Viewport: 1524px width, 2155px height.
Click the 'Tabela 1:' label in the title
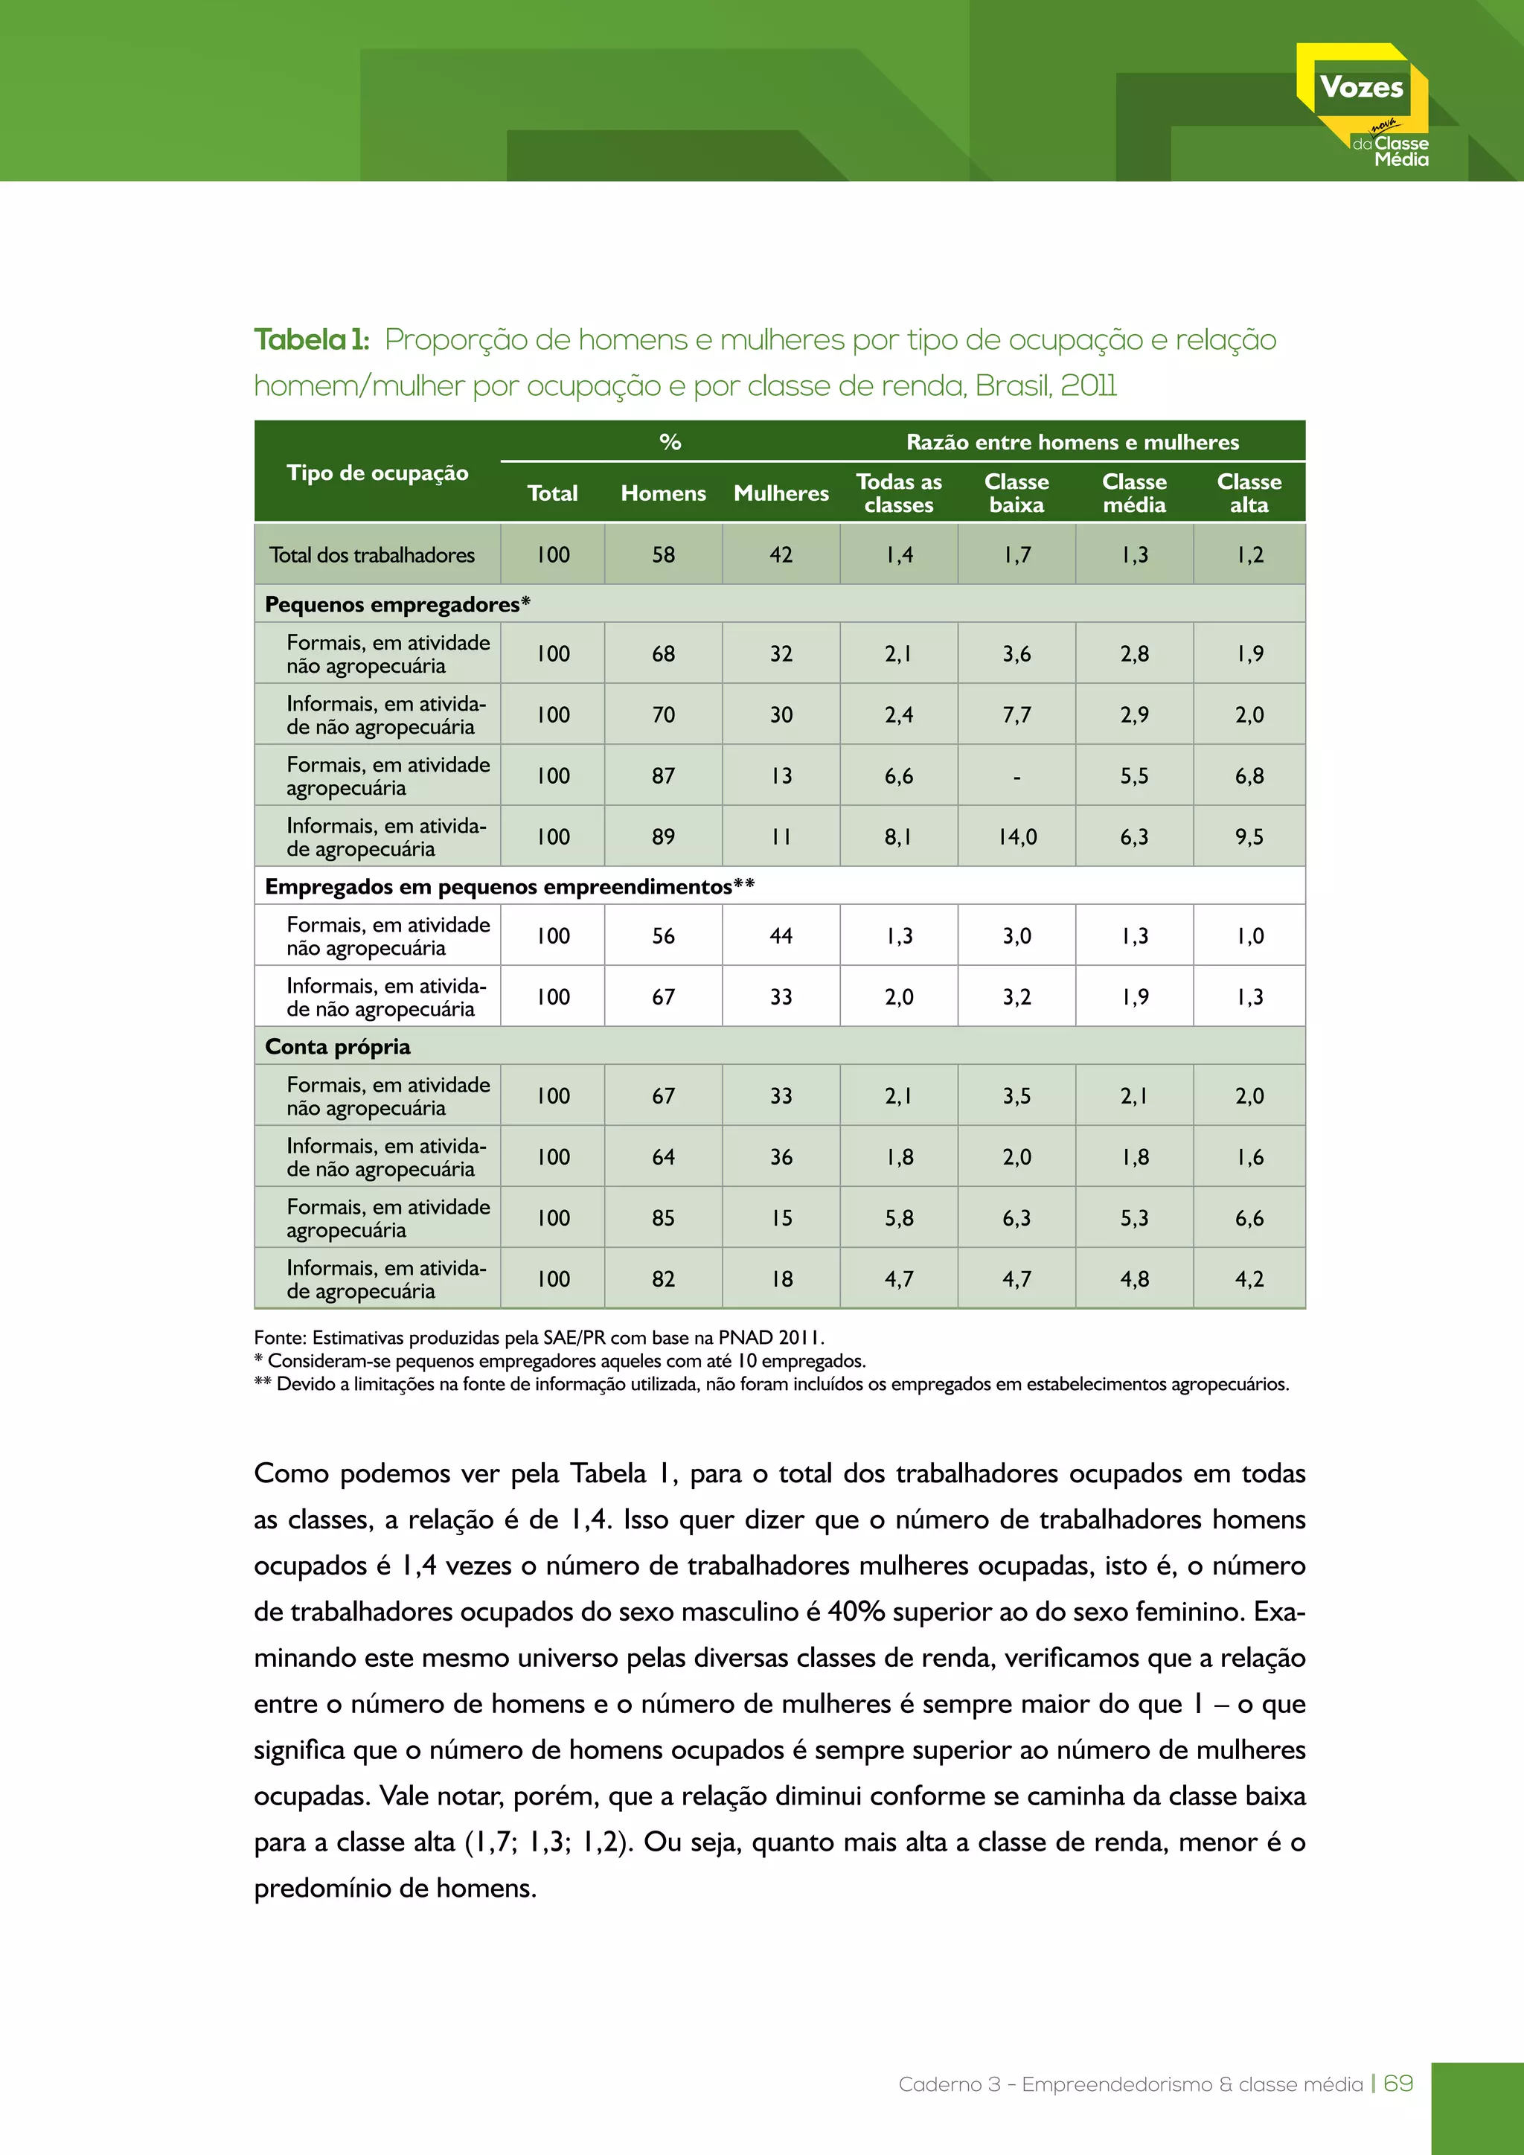click(312, 340)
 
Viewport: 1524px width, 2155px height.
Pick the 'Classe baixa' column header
click(1016, 493)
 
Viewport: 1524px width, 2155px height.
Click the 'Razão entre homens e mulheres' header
click(1072, 442)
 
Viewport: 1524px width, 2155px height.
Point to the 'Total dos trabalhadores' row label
click(373, 554)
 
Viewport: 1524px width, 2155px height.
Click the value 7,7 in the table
click(1016, 714)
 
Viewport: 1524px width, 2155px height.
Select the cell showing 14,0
click(1016, 836)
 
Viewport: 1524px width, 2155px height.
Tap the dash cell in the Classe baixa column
click(1016, 776)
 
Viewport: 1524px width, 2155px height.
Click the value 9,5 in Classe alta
click(1249, 836)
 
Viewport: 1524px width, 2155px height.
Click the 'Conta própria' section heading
click(338, 1046)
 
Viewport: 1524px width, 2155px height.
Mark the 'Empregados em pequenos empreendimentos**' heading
click(510, 887)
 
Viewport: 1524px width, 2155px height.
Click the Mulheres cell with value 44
click(781, 936)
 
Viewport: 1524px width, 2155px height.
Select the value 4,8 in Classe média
click(1133, 1278)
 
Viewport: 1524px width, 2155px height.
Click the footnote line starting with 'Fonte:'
click(539, 1337)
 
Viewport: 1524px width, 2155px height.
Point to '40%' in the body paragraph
click(857, 1612)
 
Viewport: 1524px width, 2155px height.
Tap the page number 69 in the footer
click(1398, 2084)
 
